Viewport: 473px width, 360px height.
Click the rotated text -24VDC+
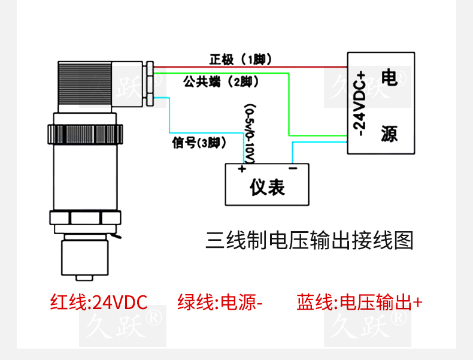[x=360, y=103]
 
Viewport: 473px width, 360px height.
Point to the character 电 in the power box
[x=389, y=78]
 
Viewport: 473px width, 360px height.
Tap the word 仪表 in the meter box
[x=267, y=187]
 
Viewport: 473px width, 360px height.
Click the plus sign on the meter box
[x=242, y=170]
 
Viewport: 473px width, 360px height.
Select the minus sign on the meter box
[x=293, y=170]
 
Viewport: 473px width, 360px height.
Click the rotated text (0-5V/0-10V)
[x=250, y=133]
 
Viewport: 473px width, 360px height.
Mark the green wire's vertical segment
[x=289, y=105]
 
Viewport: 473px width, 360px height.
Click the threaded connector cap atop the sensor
[x=84, y=84]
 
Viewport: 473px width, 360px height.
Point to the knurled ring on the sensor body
[x=84, y=132]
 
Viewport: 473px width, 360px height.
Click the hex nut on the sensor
[x=84, y=220]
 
